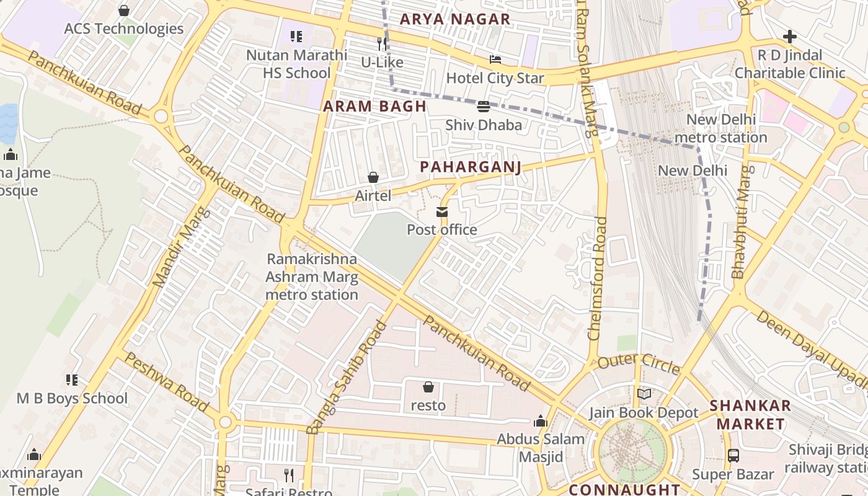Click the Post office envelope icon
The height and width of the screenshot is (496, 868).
tap(442, 212)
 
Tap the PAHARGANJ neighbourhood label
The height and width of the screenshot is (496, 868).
tap(470, 167)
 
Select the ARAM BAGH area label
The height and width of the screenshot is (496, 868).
tap(374, 107)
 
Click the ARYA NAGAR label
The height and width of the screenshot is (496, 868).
tap(455, 19)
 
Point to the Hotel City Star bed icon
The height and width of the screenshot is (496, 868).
tap(495, 60)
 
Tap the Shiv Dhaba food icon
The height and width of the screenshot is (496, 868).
tap(484, 106)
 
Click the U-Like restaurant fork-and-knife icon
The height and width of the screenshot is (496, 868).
tap(383, 43)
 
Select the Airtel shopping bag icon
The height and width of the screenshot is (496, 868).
tap(373, 177)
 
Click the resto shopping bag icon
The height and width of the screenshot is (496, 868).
tap(428, 387)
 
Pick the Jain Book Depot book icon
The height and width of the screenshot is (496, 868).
tap(644, 394)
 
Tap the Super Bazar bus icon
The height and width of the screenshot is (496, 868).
tap(733, 456)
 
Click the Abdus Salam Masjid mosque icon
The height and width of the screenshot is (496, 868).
tap(541, 421)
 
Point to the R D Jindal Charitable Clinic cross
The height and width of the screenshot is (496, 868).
tap(790, 36)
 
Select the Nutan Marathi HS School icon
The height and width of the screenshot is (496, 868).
tap(296, 37)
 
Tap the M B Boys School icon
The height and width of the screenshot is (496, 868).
tap(72, 379)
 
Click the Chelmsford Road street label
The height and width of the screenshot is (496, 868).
tap(598, 278)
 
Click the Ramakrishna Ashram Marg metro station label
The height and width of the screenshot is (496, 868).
tap(312, 277)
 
